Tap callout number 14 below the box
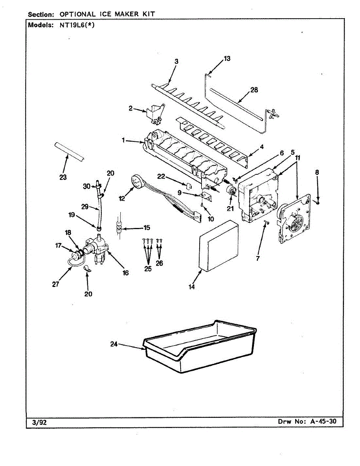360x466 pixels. pyautogui.click(x=192, y=287)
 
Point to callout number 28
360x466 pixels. pyautogui.click(x=254, y=90)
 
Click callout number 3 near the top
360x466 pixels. pyautogui.click(x=176, y=61)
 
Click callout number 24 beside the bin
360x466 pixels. pyautogui.click(x=114, y=344)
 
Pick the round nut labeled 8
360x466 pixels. pyautogui.click(x=318, y=203)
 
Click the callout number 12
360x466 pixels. pyautogui.click(x=122, y=198)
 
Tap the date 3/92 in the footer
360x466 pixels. pyautogui.click(x=37, y=422)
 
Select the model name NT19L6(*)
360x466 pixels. pyautogui.click(x=77, y=26)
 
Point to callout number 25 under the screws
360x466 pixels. pyautogui.click(x=148, y=269)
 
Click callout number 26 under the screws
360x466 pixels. pyautogui.click(x=159, y=263)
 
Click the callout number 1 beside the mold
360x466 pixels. pyautogui.click(x=123, y=141)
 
